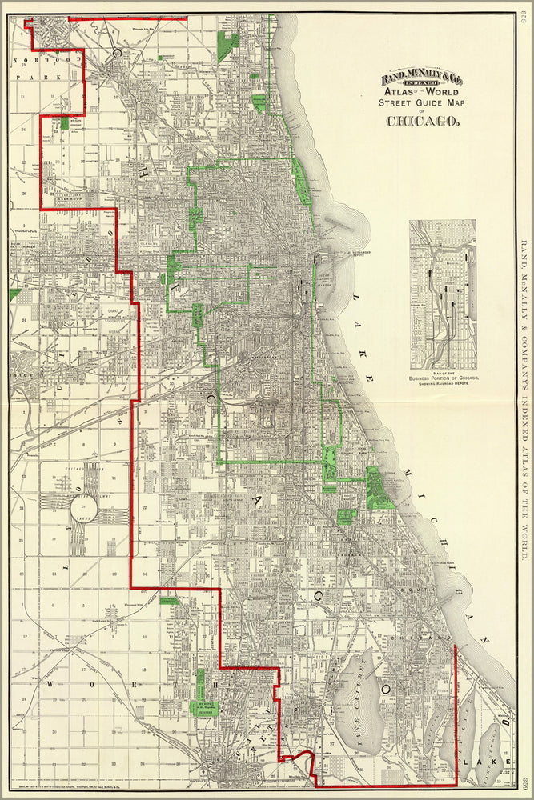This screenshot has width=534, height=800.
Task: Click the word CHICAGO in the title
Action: [x=424, y=122]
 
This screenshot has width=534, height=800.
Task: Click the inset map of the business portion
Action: [x=442, y=294]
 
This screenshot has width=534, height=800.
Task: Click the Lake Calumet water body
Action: [x=359, y=700]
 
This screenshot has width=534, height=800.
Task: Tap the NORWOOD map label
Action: [x=36, y=59]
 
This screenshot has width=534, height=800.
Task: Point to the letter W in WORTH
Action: [x=51, y=685]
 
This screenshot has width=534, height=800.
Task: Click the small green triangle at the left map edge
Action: [x=14, y=294]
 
